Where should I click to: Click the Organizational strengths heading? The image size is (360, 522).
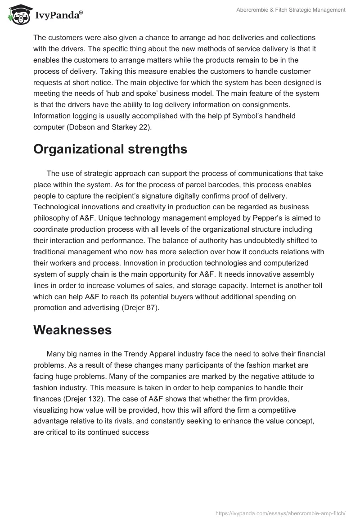(110, 149)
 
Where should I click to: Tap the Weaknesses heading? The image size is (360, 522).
(72, 330)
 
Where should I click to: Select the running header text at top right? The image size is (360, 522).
(291, 9)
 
